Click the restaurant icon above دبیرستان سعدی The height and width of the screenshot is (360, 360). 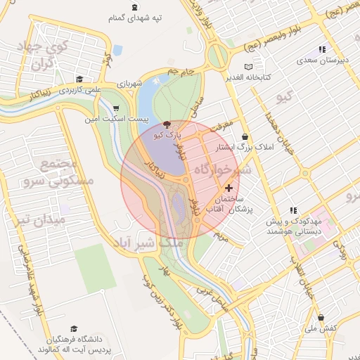321,49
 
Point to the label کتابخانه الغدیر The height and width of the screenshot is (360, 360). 257,77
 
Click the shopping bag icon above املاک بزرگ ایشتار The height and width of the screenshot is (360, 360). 244,136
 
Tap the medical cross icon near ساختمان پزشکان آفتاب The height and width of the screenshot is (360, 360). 229,188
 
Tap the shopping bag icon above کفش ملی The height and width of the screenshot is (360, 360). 321,317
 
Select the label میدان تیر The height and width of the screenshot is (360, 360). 42,219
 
